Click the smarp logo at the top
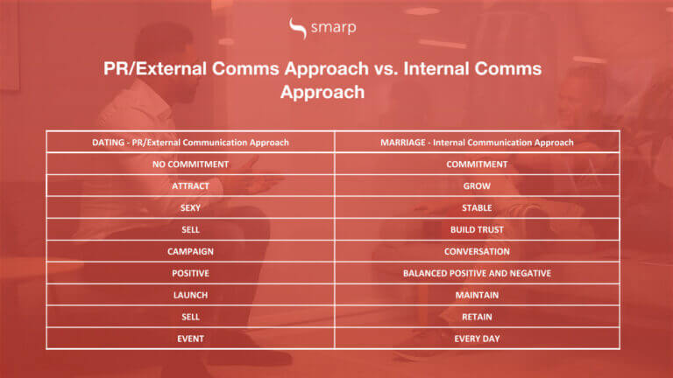tap(322, 29)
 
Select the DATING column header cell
tap(190, 142)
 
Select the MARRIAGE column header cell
tap(477, 142)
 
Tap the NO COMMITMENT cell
tap(190, 164)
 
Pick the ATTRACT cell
tap(190, 185)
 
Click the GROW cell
tap(477, 185)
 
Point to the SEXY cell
tap(190, 207)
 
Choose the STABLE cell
tap(477, 207)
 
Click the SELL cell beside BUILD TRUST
tap(190, 229)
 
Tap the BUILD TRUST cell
tap(477, 229)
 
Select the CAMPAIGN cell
tap(190, 251)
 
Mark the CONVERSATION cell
tap(477, 251)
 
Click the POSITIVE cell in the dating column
tap(190, 273)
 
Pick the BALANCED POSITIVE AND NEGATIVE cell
tap(477, 273)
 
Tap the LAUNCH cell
tap(190, 295)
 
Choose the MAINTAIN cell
tap(477, 295)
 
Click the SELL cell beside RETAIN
tap(190, 317)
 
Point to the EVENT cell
tap(190, 338)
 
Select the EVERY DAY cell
tap(477, 338)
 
